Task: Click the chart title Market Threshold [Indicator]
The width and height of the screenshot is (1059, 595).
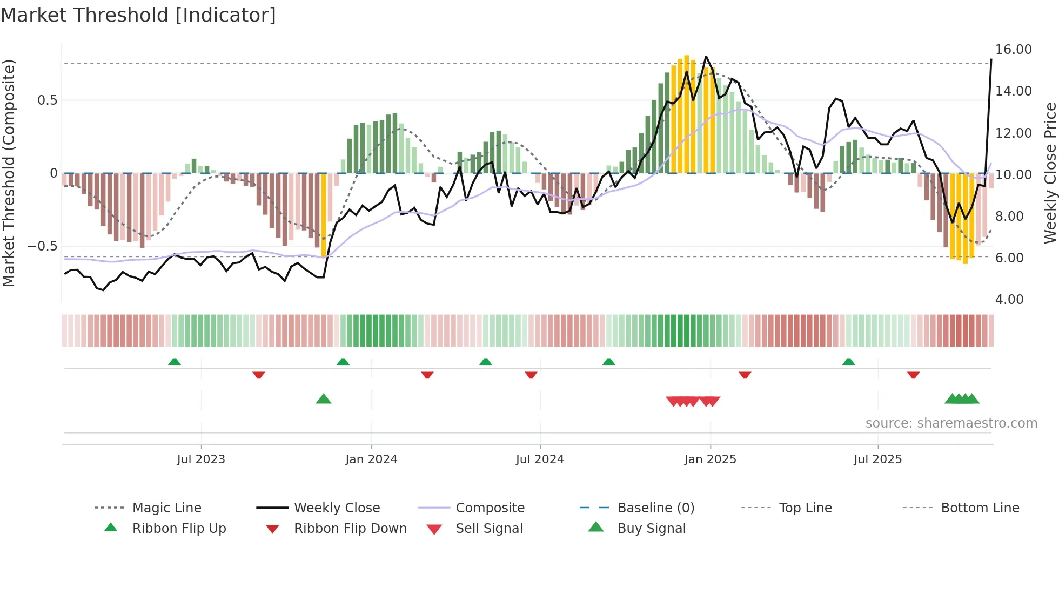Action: click(x=138, y=15)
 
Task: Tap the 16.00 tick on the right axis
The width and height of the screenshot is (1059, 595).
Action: click(x=1013, y=50)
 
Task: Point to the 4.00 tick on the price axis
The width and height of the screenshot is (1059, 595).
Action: click(x=1009, y=300)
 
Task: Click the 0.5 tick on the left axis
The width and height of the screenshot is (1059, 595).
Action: click(x=47, y=100)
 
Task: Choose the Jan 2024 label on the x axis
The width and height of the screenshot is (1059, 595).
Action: click(x=371, y=459)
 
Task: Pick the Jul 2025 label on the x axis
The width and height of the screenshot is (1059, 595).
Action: click(x=877, y=459)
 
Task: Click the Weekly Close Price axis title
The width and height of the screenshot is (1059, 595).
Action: click(x=1050, y=173)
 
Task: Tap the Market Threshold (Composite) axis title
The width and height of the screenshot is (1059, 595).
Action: click(x=9, y=173)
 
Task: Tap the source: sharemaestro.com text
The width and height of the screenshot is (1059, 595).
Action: click(x=951, y=423)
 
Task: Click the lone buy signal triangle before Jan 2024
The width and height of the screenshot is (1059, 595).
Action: click(x=323, y=399)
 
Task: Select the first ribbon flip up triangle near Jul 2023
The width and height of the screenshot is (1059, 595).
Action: click(x=174, y=361)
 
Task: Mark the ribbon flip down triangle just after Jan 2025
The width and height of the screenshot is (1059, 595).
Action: click(x=745, y=375)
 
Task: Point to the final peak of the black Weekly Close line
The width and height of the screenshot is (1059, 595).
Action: click(x=991, y=59)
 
